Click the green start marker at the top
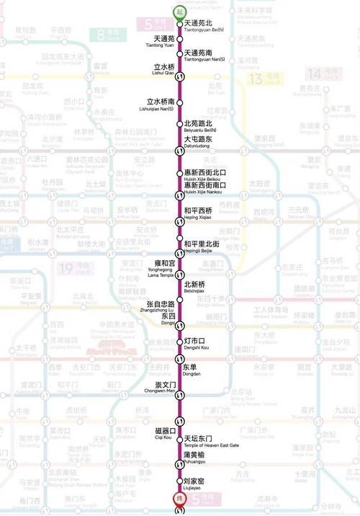(x=179, y=11)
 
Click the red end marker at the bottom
(x=179, y=499)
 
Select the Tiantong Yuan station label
(x=164, y=41)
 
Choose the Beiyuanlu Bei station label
(x=200, y=126)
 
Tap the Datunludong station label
(x=198, y=141)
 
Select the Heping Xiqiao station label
(x=198, y=213)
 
